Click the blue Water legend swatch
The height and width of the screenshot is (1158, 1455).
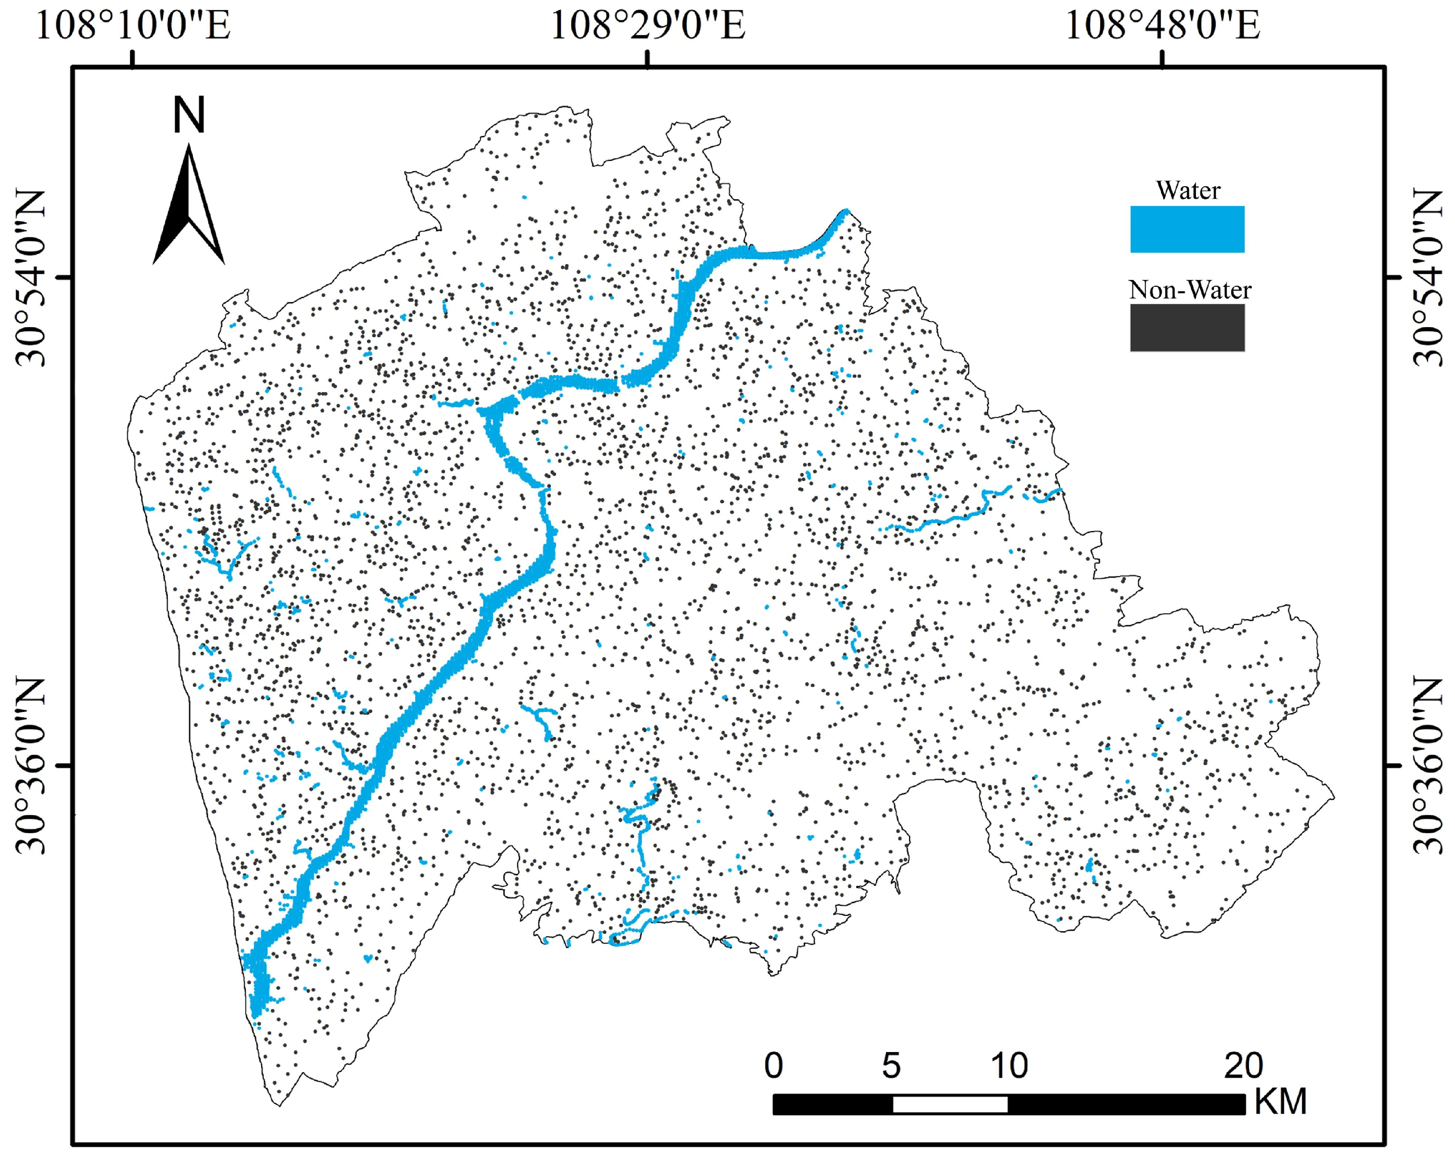tap(1187, 229)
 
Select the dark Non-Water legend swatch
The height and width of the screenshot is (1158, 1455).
tap(1187, 328)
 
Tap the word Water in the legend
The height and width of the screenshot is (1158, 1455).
tap(1188, 190)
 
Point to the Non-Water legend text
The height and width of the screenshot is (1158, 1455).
tap(1190, 290)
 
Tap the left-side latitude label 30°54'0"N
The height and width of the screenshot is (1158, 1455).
tap(30, 278)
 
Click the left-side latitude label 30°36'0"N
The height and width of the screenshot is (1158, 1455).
tap(30, 766)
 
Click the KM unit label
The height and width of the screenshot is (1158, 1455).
tap(1280, 1102)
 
